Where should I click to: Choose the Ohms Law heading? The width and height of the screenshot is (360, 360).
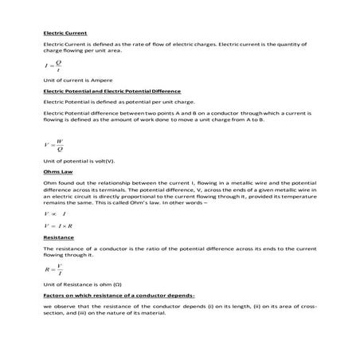pos(58,172)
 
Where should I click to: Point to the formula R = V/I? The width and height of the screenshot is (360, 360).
pos(53,270)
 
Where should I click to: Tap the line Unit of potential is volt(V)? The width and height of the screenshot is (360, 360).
pos(80,162)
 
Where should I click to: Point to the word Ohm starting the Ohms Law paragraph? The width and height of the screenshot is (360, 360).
pos(50,183)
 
